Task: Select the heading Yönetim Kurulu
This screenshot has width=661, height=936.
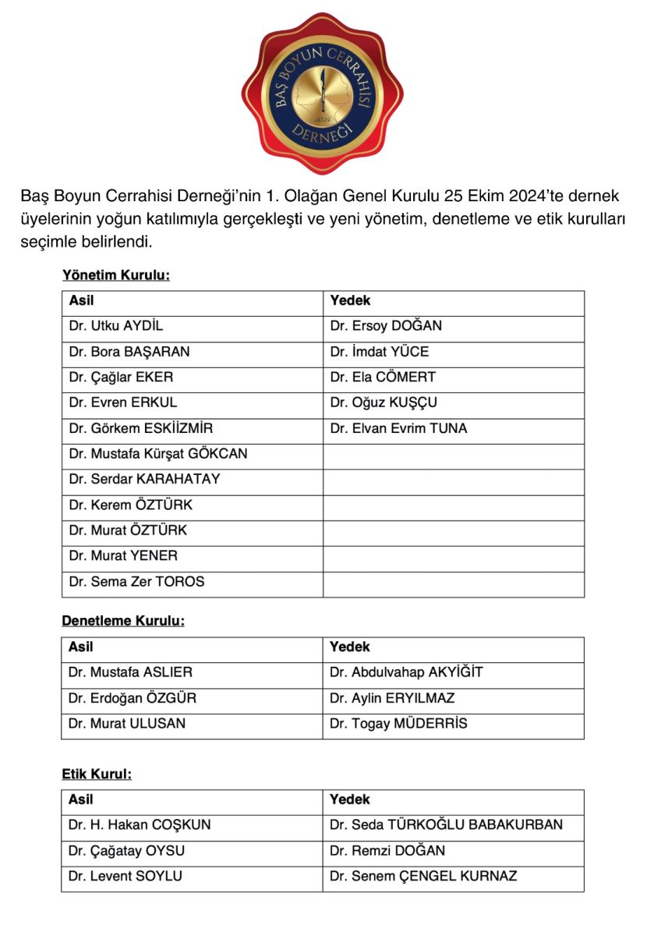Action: click(x=116, y=275)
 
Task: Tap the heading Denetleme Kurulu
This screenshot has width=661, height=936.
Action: click(x=123, y=622)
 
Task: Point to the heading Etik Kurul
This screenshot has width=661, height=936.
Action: click(x=97, y=775)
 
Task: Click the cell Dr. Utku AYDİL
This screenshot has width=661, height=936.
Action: click(x=116, y=326)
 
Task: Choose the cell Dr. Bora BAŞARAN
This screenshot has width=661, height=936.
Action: click(x=129, y=352)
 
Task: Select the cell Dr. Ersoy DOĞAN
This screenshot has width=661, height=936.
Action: click(x=386, y=326)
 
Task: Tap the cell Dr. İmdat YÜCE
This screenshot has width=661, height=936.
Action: click(x=380, y=352)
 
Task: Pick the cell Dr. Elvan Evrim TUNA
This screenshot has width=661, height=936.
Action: click(x=398, y=428)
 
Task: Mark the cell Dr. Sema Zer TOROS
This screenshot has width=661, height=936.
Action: click(x=137, y=582)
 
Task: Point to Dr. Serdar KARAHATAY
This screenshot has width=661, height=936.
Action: click(x=145, y=480)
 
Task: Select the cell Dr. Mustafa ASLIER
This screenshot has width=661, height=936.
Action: click(x=130, y=672)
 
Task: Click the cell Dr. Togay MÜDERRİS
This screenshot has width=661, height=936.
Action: click(x=398, y=724)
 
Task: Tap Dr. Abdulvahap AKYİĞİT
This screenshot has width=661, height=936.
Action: click(x=406, y=672)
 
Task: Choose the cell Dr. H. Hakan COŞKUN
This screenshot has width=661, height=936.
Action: click(x=140, y=825)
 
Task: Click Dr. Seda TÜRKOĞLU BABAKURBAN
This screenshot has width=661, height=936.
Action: click(x=446, y=825)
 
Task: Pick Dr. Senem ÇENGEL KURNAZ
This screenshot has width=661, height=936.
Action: click(x=423, y=877)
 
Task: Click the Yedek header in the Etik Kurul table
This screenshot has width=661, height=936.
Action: click(x=350, y=799)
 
